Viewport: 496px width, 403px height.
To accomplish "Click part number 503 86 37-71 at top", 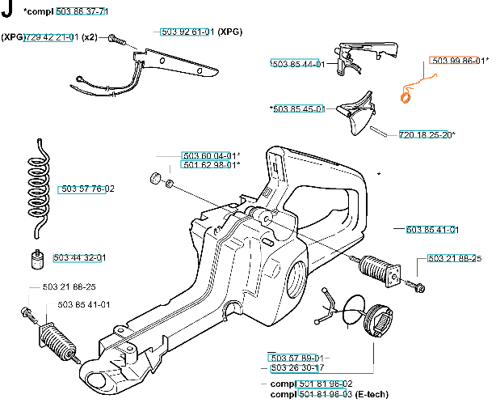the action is point(82,11).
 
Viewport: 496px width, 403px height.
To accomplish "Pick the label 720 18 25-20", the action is point(425,134).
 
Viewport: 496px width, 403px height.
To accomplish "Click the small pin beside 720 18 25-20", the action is point(378,131).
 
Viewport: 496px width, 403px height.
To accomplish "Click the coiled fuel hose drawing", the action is point(39,189).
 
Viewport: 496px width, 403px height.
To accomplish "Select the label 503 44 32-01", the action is point(79,257).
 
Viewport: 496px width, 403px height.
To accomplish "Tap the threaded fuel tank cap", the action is point(379,320).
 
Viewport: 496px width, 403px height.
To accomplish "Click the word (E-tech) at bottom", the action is point(372,394).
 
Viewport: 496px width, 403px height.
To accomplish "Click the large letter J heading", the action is point(7,9).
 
